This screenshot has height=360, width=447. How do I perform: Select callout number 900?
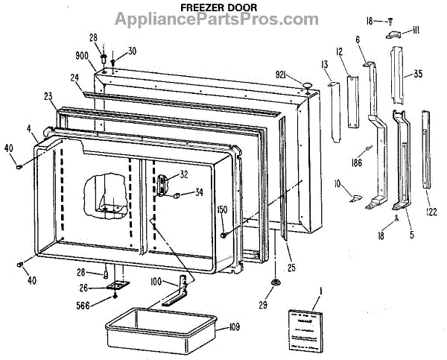coord(81,56)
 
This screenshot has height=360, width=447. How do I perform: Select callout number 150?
coord(221,211)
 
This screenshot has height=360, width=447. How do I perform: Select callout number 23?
coord(48,95)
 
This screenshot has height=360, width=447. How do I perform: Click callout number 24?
coord(74,77)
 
